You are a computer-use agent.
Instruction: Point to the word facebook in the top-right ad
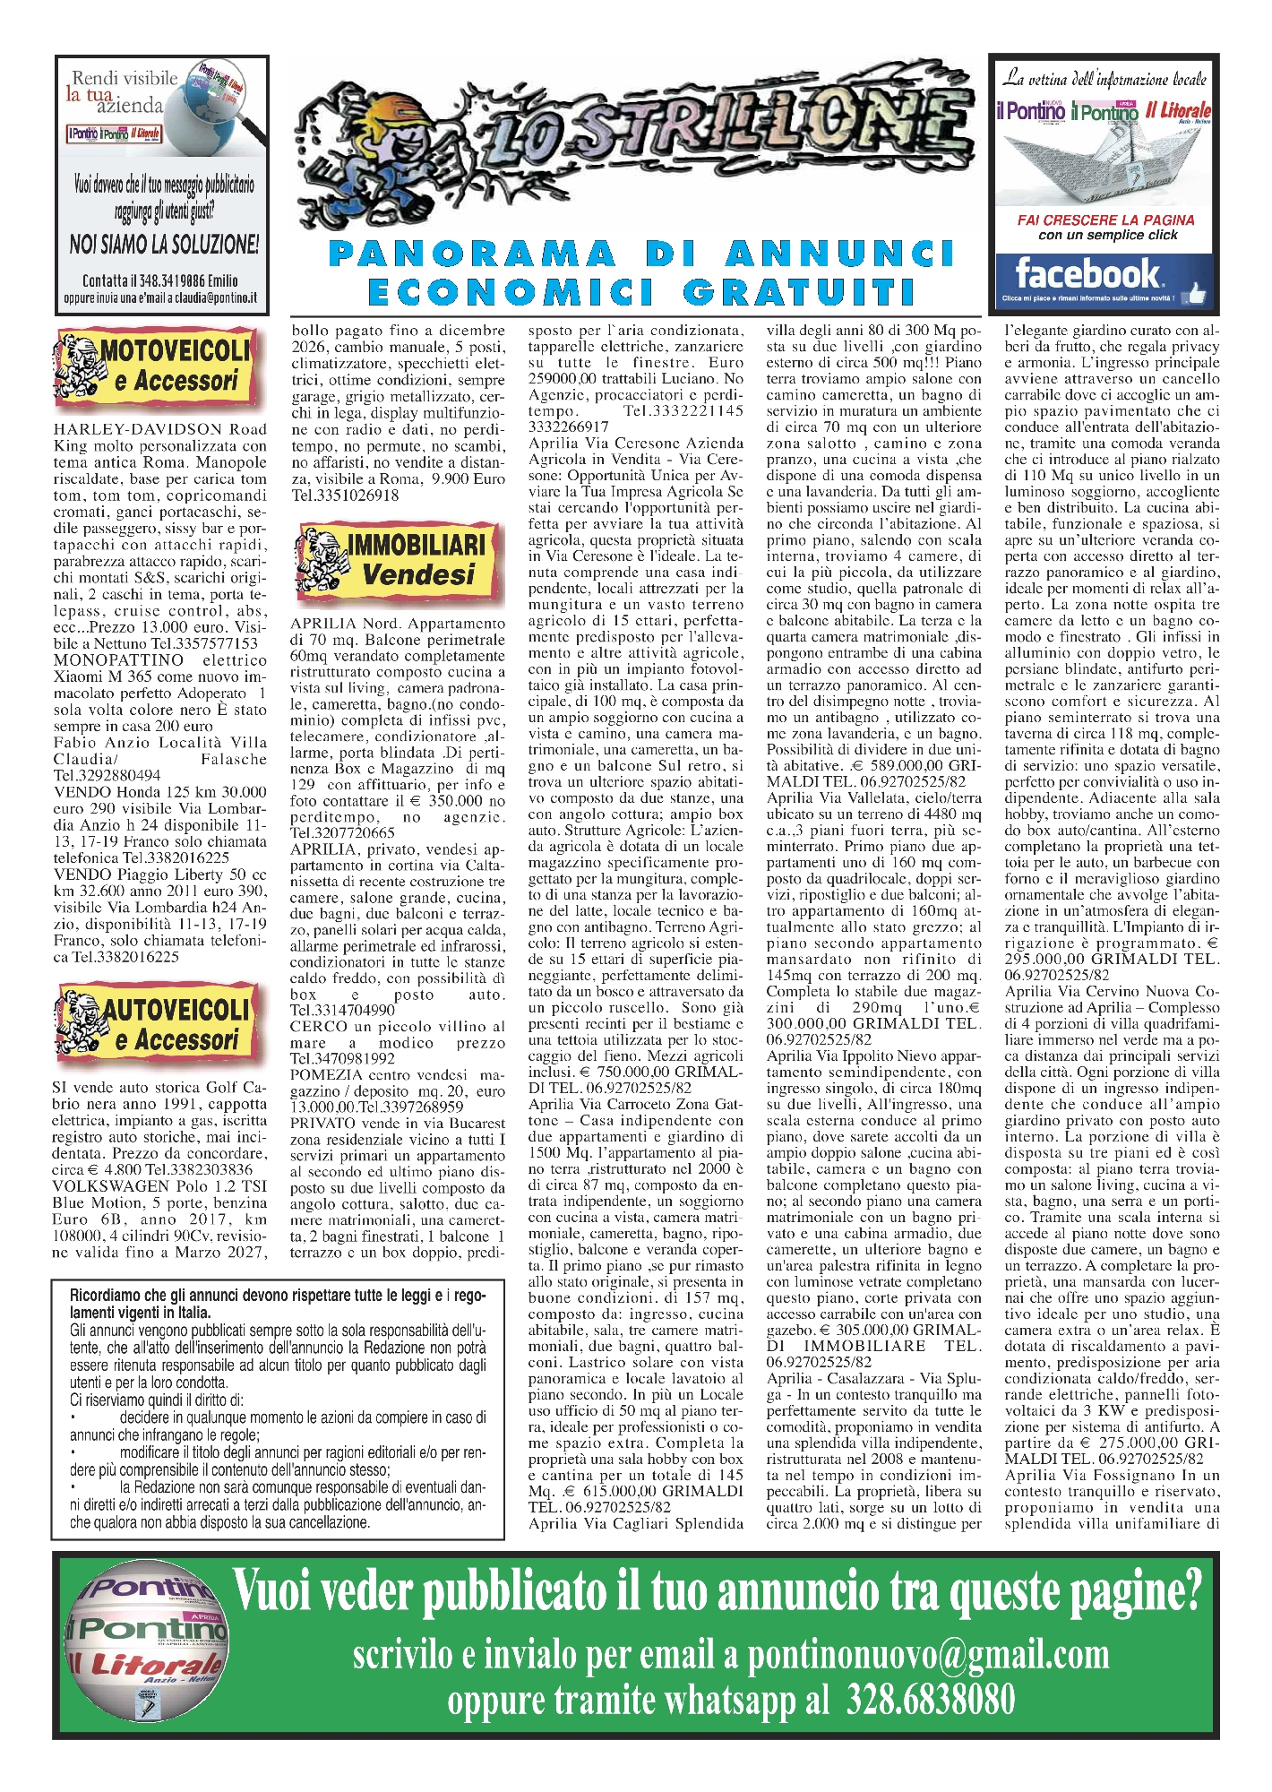(1087, 273)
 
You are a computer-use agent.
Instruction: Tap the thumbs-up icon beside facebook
(1195, 293)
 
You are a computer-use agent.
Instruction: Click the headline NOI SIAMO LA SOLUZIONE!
(164, 244)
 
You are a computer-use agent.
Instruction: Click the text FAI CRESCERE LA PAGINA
(1105, 220)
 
